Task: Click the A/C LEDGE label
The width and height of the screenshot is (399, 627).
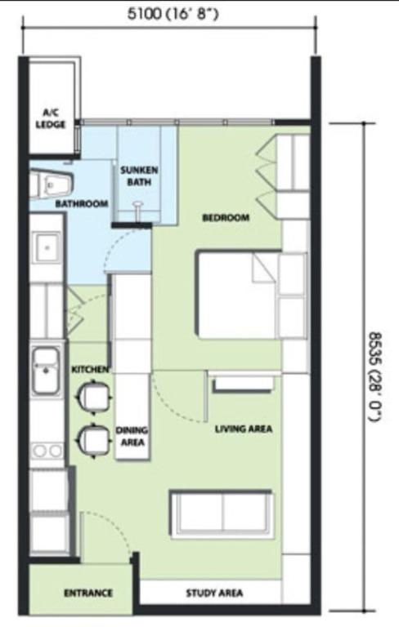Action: (x=51, y=118)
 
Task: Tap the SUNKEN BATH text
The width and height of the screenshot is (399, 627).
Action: (x=139, y=176)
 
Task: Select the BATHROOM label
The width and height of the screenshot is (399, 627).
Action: (x=82, y=203)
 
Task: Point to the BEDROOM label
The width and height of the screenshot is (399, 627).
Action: (x=226, y=217)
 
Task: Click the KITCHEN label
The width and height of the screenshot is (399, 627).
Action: (x=90, y=370)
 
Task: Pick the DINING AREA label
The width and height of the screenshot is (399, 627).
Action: (x=132, y=436)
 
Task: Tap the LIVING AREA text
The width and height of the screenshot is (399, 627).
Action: (x=244, y=429)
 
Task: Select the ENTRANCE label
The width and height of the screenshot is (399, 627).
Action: (x=88, y=593)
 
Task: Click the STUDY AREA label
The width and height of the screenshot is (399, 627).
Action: (x=214, y=593)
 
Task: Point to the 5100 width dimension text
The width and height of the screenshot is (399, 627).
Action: (x=173, y=14)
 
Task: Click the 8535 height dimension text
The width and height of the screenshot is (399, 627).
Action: (x=375, y=376)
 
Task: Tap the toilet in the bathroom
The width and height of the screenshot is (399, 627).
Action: (x=52, y=185)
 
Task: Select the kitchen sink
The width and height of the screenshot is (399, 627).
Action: (x=46, y=371)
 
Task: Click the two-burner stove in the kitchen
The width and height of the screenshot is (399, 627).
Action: (x=47, y=451)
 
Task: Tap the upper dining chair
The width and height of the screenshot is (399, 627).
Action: (x=94, y=396)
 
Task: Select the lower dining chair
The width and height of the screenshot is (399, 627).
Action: (x=94, y=440)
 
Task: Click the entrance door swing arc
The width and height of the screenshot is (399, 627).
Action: (x=114, y=523)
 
